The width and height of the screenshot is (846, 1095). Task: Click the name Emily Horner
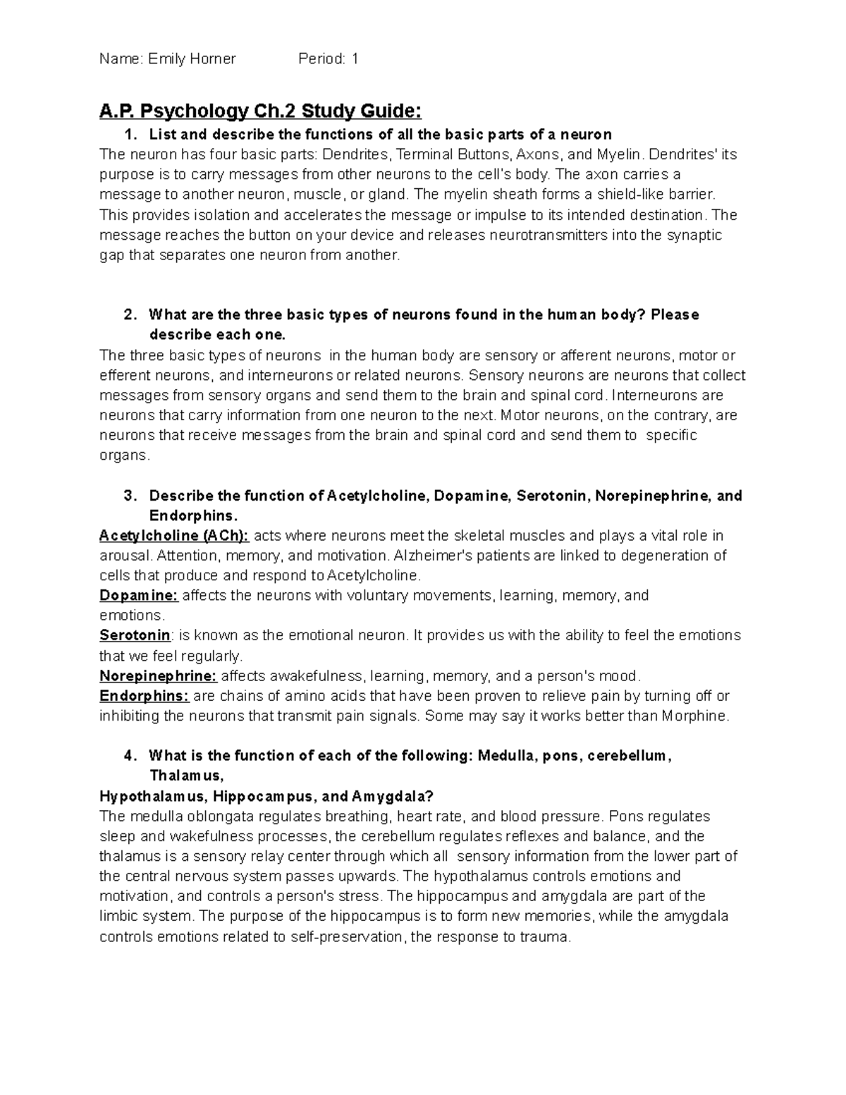pyautogui.click(x=192, y=59)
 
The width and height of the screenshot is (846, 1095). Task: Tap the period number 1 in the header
pyautogui.click(x=355, y=59)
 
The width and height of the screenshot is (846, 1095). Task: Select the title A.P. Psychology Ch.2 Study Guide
pyautogui.click(x=260, y=111)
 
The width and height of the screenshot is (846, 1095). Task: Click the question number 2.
pyautogui.click(x=128, y=314)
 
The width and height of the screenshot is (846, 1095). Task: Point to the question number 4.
pyautogui.click(x=128, y=756)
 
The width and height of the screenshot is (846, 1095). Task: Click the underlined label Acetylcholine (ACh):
pyautogui.click(x=174, y=535)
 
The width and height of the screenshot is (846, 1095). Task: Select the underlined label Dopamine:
pyautogui.click(x=139, y=596)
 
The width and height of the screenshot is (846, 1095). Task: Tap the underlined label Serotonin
pyautogui.click(x=135, y=635)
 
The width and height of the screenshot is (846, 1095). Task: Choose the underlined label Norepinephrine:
pyautogui.click(x=158, y=676)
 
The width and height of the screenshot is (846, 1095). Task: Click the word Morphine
pyautogui.click(x=694, y=716)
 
